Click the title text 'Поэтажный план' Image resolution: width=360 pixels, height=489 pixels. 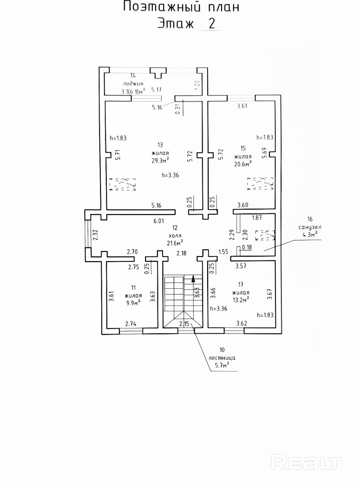(x=181, y=7)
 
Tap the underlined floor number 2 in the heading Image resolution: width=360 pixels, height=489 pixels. (x=211, y=24)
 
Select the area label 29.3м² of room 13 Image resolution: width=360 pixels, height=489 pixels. (x=160, y=160)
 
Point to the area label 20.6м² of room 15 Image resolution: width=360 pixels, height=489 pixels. (x=243, y=164)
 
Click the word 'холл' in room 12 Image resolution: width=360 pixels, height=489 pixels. (x=175, y=236)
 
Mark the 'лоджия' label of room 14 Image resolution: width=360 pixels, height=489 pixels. (x=133, y=83)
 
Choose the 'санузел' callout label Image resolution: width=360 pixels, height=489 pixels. (x=309, y=227)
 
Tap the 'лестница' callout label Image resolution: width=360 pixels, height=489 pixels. (x=222, y=358)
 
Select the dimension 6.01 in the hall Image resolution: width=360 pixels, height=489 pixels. (x=159, y=221)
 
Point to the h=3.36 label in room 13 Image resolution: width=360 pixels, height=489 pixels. (x=170, y=175)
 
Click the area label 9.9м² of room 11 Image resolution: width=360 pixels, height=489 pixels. (x=133, y=303)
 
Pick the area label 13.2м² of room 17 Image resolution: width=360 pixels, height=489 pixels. (x=241, y=299)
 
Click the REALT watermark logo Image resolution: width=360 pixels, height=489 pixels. (x=306, y=463)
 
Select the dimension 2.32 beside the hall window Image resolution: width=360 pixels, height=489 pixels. (x=95, y=235)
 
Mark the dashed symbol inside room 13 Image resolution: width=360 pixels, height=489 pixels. (x=122, y=184)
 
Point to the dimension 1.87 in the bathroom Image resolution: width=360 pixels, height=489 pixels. (x=257, y=218)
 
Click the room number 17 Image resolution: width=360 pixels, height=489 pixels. (x=241, y=285)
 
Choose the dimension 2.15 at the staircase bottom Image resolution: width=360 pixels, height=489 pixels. (x=184, y=324)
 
